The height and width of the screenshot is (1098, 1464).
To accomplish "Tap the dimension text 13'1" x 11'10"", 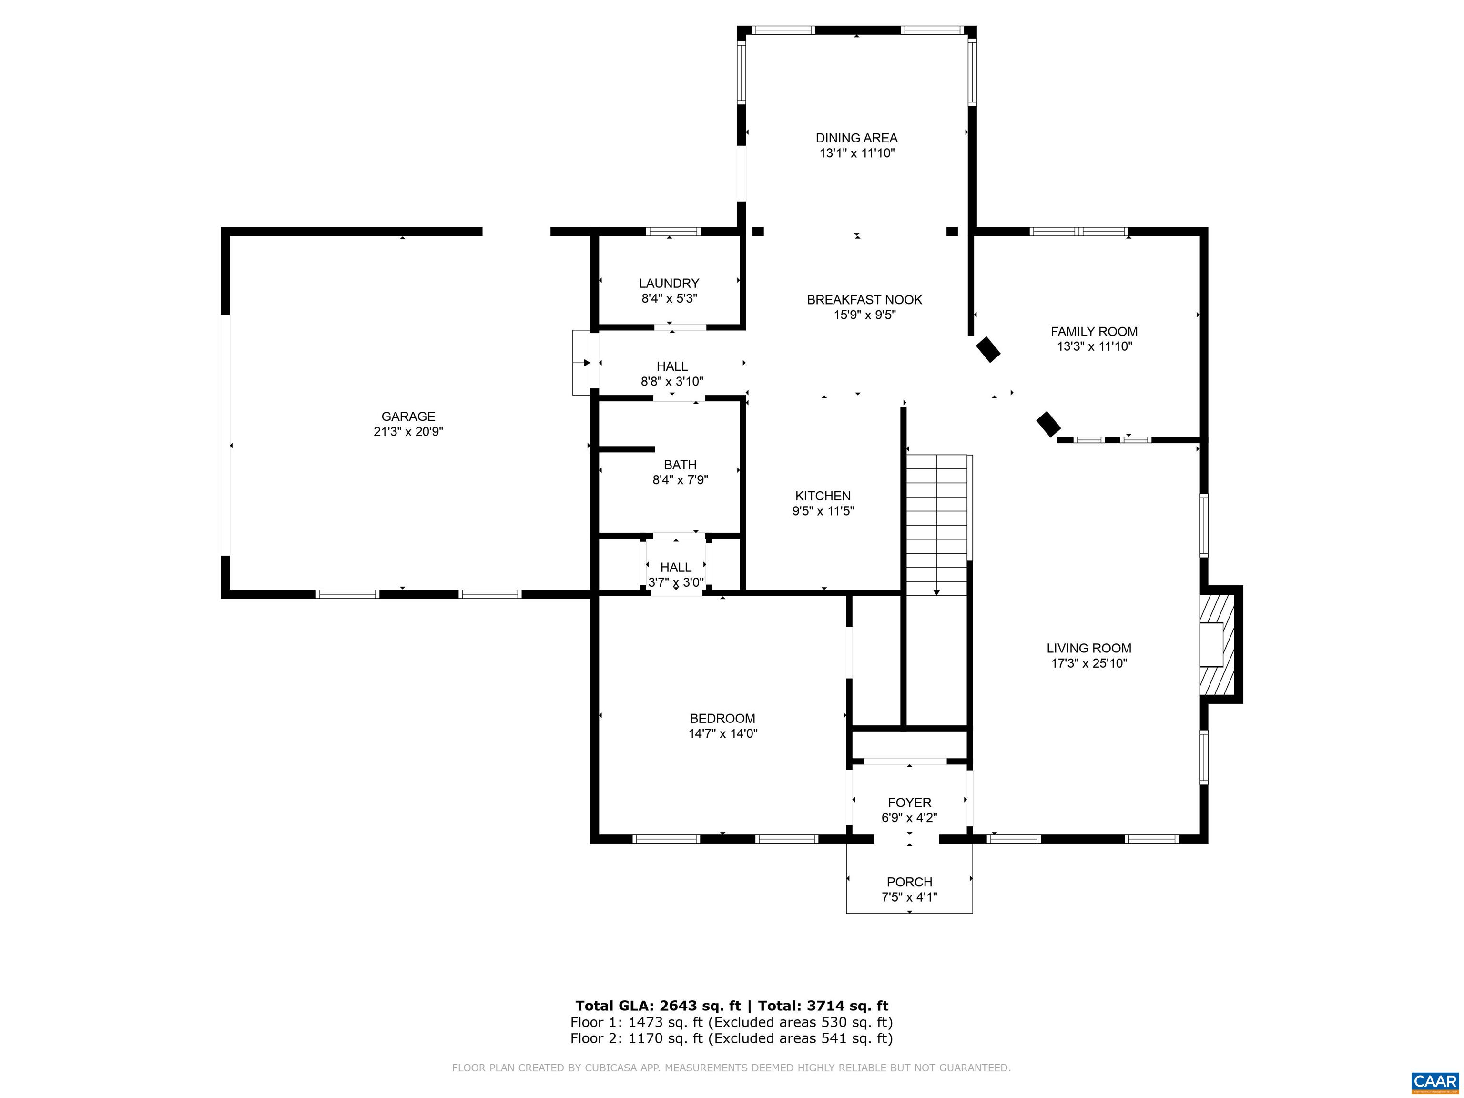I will (x=856, y=153).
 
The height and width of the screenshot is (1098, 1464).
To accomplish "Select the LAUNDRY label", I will (x=669, y=283).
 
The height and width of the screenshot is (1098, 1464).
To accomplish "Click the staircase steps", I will (x=936, y=523).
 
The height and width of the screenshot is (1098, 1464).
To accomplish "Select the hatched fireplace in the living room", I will (x=1217, y=644).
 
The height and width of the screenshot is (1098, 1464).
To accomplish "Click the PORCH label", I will (x=909, y=882).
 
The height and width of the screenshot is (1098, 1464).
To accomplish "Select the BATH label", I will (x=680, y=465).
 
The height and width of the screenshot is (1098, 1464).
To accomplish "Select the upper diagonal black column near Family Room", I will (x=988, y=349).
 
